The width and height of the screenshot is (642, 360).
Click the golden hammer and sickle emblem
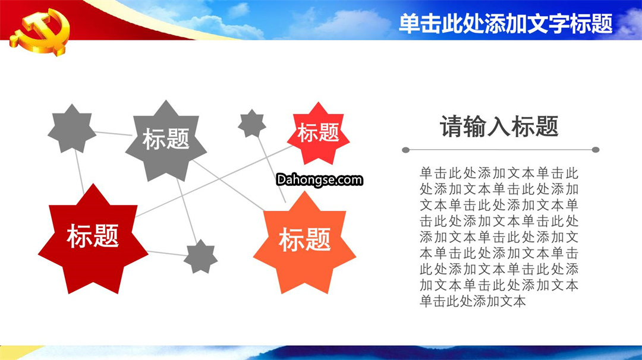click(40, 32)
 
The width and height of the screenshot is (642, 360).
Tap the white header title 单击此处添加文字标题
click(506, 24)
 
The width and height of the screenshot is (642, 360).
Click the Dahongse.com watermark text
click(319, 179)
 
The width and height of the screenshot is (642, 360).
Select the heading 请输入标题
click(499, 126)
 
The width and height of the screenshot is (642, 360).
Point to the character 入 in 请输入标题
click(499, 126)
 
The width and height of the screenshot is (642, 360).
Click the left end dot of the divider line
click(406, 150)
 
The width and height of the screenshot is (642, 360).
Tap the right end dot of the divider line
click(596, 150)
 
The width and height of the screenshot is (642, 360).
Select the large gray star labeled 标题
click(166, 140)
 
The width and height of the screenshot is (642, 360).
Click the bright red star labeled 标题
click(318, 133)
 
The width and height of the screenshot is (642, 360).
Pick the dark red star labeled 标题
click(93, 239)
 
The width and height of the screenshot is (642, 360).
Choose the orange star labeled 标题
click(304, 242)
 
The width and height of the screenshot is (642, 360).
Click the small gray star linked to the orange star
click(252, 123)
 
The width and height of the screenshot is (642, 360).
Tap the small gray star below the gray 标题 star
click(201, 257)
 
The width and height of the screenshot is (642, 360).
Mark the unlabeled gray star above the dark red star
click(72, 128)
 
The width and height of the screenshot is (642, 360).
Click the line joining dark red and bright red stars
click(214, 181)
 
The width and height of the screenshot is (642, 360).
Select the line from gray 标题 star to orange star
click(228, 185)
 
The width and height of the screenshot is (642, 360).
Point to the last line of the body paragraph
click(473, 302)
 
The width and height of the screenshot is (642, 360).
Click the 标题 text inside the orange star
click(304, 240)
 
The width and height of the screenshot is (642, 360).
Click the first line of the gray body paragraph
click(499, 173)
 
